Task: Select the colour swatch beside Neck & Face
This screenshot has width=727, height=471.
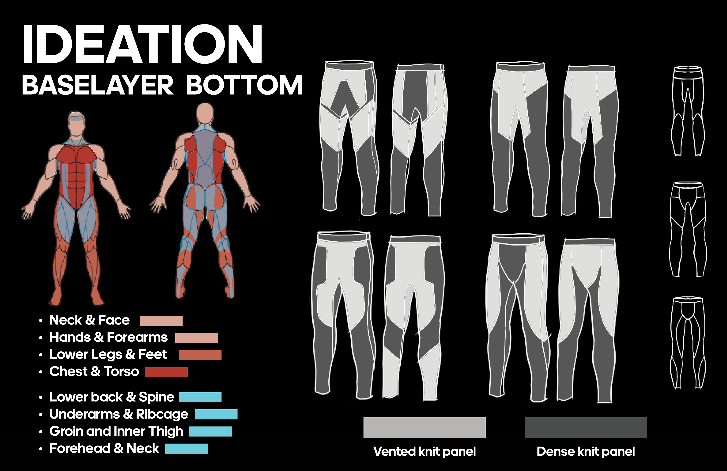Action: click(x=161, y=321)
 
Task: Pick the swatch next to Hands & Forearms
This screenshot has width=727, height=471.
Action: click(x=196, y=338)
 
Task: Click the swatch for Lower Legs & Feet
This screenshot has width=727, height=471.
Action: click(x=200, y=355)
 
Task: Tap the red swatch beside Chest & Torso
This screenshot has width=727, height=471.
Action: click(x=166, y=372)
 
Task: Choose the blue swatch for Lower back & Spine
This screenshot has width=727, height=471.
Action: click(x=200, y=397)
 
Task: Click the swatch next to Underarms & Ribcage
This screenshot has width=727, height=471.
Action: click(x=216, y=414)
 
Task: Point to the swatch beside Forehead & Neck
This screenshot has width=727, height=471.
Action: click(x=186, y=449)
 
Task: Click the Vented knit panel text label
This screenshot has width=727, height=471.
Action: click(x=424, y=452)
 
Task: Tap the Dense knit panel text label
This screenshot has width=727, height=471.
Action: click(x=586, y=452)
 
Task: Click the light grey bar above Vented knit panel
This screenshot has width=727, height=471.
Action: click(x=424, y=428)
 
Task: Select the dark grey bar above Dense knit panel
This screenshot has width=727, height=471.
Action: click(x=586, y=428)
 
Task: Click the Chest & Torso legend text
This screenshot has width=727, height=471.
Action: click(x=94, y=372)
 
